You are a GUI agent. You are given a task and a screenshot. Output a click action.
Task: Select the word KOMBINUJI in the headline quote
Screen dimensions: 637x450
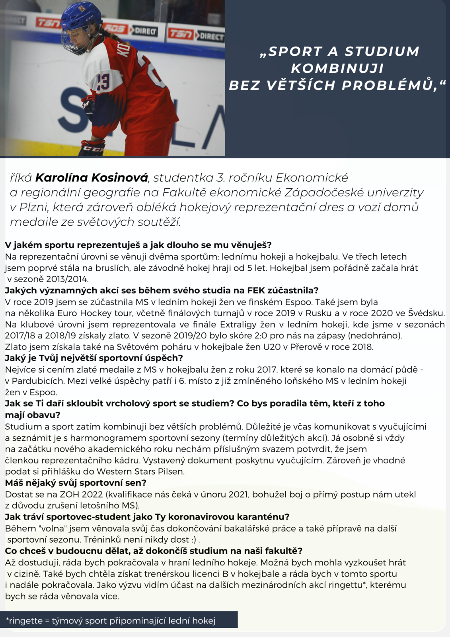point(337,68)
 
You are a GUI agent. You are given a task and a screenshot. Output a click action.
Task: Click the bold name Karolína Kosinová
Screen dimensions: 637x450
point(92,178)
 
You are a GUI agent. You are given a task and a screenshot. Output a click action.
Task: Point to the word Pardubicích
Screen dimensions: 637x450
point(37,381)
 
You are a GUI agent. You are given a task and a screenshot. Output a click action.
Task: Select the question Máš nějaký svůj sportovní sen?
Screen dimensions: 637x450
point(76,483)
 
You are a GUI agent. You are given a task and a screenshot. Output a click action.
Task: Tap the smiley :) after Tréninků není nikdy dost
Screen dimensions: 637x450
point(194,540)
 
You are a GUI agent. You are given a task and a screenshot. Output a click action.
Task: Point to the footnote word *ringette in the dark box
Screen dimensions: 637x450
point(26,621)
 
